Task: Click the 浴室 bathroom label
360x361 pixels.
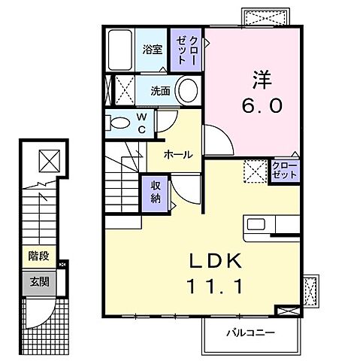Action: pos(152,50)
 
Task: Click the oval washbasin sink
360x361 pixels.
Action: pos(189,90)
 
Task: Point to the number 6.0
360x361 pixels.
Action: pos(261,106)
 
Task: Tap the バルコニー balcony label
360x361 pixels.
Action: pos(251,332)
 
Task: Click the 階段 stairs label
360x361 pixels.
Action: pos(39,256)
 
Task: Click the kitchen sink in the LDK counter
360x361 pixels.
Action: pos(255,225)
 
